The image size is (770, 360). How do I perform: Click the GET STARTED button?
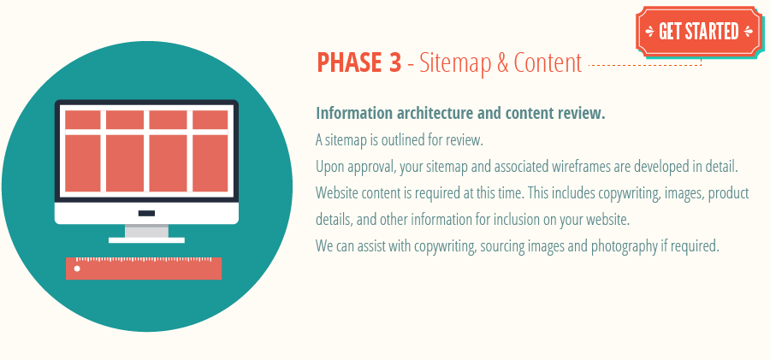click(697, 32)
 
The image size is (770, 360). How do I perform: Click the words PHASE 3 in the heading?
click(359, 62)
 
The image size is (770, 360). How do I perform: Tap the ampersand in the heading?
click(500, 62)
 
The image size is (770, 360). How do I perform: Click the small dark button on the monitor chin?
click(146, 213)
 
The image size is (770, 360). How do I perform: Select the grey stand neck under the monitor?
click(146, 231)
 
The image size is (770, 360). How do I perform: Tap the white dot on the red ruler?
click(77, 269)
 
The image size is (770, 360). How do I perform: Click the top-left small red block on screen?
click(82, 120)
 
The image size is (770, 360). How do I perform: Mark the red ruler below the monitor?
click(144, 269)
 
